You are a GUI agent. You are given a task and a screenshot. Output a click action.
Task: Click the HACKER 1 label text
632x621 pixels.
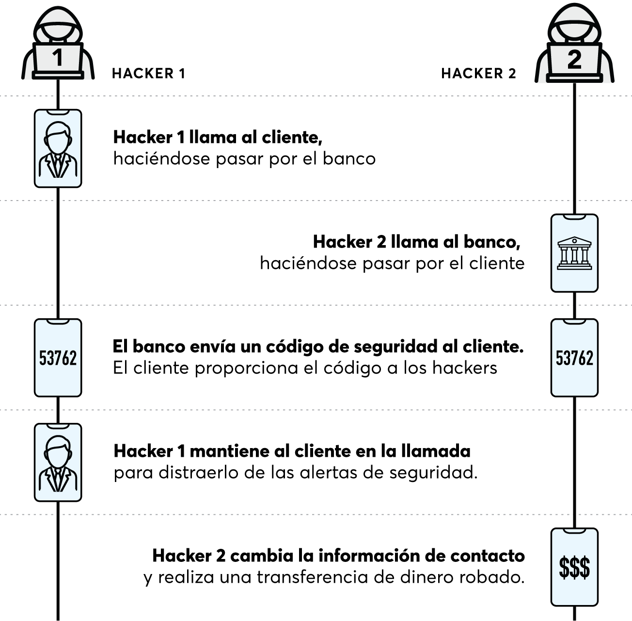[148, 74]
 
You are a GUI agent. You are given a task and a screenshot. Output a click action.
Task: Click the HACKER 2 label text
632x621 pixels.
[478, 74]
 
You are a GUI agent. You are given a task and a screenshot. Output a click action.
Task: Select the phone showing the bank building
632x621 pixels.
[574, 253]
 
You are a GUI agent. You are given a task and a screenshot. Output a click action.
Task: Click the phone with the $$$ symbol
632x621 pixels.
[574, 567]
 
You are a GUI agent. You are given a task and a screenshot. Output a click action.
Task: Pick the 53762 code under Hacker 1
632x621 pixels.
[58, 358]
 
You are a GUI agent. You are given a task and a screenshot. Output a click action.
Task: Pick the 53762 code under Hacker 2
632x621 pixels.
[574, 358]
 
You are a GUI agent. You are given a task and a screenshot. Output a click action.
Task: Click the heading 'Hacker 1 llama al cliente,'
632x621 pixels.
[218, 138]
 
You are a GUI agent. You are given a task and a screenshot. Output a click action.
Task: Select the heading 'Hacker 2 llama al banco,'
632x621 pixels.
[416, 242]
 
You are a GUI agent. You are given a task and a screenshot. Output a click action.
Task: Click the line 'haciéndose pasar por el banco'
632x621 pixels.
[244, 159]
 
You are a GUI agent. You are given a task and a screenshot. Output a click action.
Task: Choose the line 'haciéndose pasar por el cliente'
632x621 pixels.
[392, 264]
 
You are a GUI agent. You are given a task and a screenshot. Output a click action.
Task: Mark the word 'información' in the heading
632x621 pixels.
[367, 556]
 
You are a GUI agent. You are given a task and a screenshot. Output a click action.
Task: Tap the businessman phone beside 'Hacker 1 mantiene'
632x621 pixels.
[58, 463]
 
